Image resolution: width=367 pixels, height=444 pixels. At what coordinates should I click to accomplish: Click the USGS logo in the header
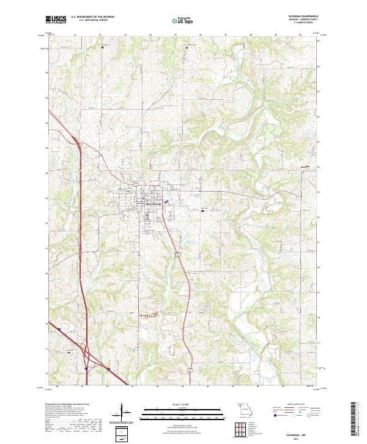pyautogui.click(x=56, y=20)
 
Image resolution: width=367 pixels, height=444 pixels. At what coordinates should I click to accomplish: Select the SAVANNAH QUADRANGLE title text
pyautogui.click(x=303, y=17)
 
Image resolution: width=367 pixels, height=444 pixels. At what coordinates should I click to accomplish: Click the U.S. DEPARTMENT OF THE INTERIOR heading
pyautogui.click(x=92, y=17)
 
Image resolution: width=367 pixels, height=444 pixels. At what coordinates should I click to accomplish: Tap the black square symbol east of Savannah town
pyautogui.click(x=203, y=211)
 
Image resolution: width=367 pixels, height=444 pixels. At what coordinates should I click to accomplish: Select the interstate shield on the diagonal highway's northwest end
pyautogui.click(x=60, y=329)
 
